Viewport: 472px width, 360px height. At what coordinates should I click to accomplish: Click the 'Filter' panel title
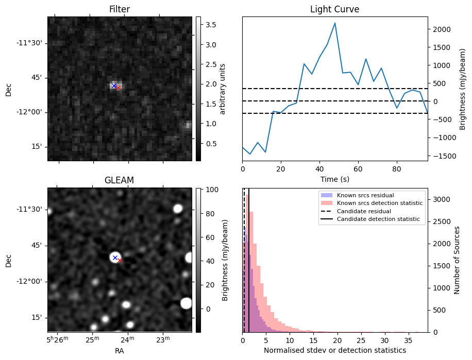coord(120,9)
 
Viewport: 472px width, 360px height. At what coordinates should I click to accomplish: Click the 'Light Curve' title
coord(334,9)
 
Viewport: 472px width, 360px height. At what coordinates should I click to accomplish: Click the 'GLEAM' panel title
coord(120,180)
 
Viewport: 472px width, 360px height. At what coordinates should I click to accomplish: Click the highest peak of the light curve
coord(335,23)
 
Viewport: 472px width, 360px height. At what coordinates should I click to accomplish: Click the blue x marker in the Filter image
coord(114,85)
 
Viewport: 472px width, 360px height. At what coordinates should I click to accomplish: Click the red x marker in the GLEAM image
coord(120,261)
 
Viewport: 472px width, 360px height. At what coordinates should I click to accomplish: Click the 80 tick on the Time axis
coord(397,168)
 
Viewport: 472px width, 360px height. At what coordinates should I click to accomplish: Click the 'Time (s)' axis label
coord(335,178)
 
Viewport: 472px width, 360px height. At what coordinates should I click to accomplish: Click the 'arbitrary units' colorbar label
coord(223,89)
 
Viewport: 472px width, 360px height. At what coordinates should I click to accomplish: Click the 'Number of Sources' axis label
coord(457,260)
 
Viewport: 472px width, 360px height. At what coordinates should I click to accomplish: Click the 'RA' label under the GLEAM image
coord(120,350)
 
